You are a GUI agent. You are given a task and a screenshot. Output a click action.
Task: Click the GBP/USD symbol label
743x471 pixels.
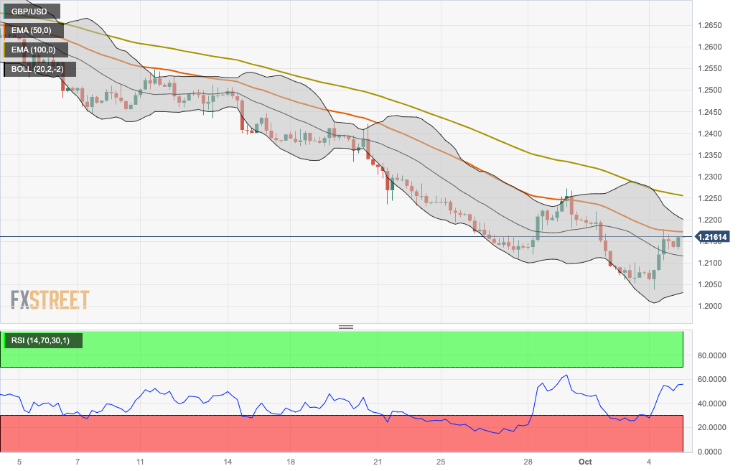point(30,11)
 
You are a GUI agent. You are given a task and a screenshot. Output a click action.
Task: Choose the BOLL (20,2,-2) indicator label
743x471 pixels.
point(37,69)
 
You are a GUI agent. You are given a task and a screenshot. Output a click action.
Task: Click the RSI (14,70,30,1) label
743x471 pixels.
point(41,340)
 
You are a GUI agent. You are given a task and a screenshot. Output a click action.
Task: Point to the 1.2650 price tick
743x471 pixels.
point(710,26)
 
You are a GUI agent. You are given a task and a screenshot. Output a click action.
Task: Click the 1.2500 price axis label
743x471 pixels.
point(710,90)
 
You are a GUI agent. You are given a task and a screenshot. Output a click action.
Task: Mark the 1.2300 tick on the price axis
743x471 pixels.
point(710,177)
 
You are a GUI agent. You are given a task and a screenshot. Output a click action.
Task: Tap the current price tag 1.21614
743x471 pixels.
point(712,236)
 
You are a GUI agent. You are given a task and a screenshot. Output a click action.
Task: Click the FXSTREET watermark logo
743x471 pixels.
point(50,299)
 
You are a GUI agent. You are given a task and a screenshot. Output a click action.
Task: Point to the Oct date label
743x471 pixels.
point(585,461)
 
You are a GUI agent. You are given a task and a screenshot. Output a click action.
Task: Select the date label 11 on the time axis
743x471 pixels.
point(140,461)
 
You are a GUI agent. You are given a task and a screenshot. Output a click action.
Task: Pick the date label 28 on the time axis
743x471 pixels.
point(528,461)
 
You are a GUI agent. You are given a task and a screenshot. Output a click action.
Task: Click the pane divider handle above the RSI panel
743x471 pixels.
point(346,327)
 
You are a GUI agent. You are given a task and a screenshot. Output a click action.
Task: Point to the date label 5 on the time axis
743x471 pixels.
point(19,461)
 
